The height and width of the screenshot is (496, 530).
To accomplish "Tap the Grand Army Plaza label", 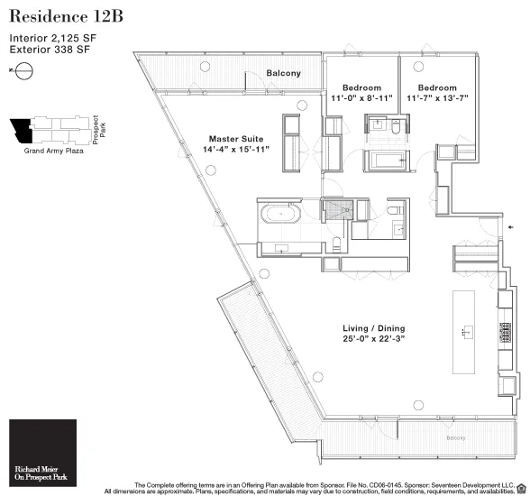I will click(x=52, y=152).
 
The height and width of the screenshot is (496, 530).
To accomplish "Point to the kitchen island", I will click(x=466, y=328).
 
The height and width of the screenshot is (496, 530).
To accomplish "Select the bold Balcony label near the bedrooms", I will click(x=283, y=73).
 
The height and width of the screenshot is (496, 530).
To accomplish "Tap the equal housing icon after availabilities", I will click(x=521, y=491).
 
